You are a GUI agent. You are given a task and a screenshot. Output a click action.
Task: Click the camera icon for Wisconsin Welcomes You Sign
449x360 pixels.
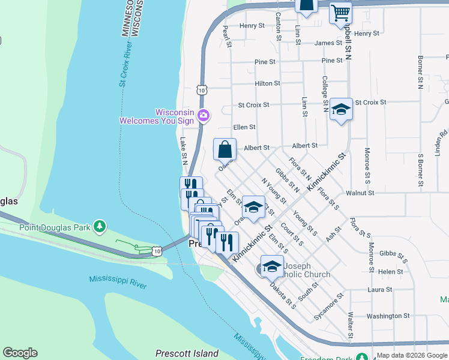(204, 115)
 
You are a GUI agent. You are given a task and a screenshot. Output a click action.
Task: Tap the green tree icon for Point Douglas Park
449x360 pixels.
(100, 227)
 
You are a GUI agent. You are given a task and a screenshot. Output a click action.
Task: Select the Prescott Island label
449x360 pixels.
(187, 353)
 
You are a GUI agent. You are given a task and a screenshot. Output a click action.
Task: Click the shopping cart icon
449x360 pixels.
(340, 12)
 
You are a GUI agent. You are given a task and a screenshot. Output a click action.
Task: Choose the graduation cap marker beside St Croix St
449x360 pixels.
(341, 109)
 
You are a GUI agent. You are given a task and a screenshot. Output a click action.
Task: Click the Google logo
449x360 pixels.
(20, 353)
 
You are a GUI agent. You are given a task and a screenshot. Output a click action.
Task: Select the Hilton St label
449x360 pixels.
(267, 84)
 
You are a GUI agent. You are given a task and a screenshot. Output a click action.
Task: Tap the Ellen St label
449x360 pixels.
(244, 127)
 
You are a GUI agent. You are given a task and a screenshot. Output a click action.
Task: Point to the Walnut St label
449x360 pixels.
(360, 193)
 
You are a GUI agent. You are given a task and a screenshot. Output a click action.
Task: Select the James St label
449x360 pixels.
(328, 43)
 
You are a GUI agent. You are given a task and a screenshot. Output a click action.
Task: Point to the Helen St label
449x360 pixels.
(390, 272)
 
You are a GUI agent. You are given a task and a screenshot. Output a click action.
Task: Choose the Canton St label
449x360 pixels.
(278, 26)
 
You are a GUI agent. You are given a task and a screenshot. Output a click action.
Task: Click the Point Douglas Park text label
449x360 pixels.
(55, 227)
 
